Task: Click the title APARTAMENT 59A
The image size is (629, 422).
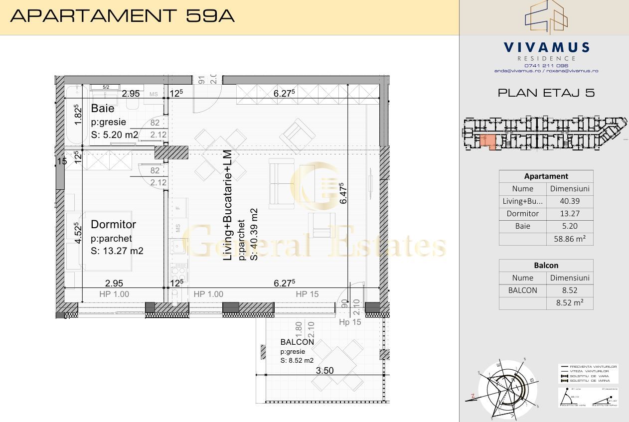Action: (122, 16)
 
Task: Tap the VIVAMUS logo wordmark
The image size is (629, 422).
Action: (546, 48)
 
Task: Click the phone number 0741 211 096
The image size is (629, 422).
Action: (546, 65)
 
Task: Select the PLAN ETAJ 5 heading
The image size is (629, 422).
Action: (546, 93)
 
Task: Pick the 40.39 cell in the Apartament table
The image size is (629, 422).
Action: (570, 201)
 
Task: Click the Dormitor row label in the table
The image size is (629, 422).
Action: (522, 214)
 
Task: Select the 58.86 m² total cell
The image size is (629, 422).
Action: (570, 239)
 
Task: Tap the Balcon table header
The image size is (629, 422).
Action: (546, 266)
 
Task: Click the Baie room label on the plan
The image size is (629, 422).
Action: (103, 109)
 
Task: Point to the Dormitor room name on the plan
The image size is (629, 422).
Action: (113, 225)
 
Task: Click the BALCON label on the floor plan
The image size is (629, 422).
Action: (297, 342)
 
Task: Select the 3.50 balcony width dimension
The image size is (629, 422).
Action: (324, 371)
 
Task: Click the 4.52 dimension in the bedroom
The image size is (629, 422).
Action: (77, 233)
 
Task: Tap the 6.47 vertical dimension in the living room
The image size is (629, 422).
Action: (343, 193)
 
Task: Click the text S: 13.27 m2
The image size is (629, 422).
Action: (117, 251)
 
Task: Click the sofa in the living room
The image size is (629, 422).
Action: (280, 183)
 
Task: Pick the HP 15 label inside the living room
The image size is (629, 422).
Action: (307, 294)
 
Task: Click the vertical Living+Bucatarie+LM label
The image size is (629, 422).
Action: (228, 205)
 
